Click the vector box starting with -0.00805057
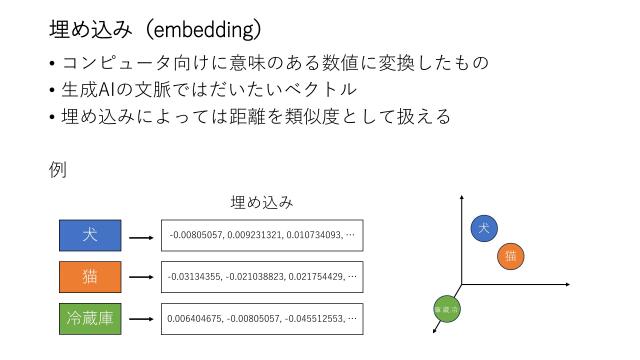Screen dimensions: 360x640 click(x=262, y=235)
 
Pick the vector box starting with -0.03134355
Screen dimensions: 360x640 click(x=262, y=276)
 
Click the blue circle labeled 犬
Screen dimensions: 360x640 click(x=484, y=229)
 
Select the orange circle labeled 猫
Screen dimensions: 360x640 click(x=510, y=256)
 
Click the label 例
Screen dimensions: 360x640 click(x=57, y=170)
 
